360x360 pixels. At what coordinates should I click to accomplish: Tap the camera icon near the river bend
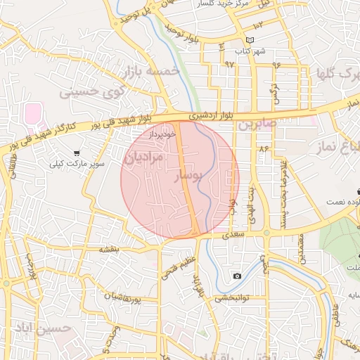237,275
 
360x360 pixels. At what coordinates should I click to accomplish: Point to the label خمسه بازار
152,72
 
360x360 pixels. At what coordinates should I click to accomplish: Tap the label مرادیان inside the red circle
143,158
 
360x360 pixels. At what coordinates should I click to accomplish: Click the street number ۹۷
229,64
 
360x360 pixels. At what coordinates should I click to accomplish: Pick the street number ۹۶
276,65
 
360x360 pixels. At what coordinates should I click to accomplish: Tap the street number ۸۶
264,149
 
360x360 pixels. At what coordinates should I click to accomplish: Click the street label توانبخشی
231,297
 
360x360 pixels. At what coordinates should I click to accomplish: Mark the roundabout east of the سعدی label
266,233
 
